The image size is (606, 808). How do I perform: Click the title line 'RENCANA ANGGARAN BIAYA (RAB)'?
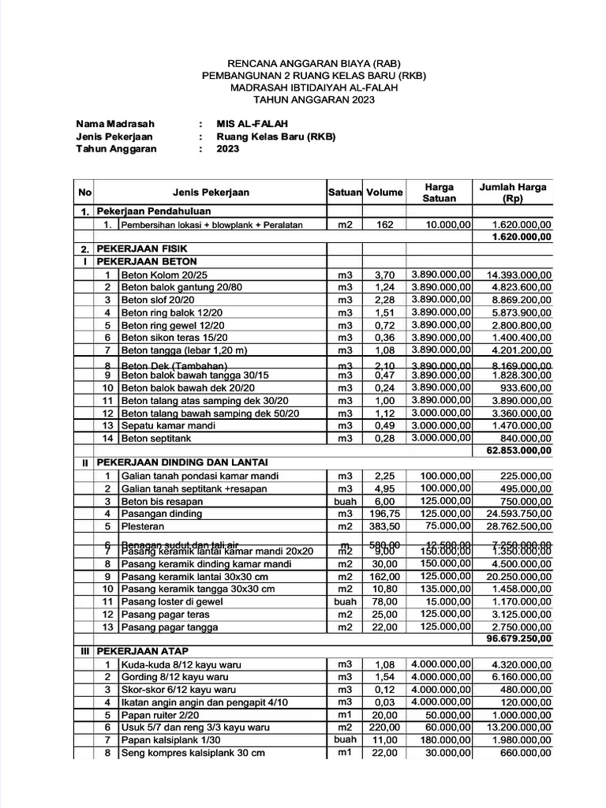coord(314,62)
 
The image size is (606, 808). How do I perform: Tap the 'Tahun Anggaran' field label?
coord(116,148)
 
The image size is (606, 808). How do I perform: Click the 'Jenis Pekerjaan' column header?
coord(211,193)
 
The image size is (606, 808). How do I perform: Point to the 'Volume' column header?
coord(384,193)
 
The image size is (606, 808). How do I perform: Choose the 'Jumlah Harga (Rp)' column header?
coord(513,193)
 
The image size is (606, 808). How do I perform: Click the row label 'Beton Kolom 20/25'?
coord(163,275)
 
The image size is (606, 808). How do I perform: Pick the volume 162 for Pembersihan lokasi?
coord(384,225)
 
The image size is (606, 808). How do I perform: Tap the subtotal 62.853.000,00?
coord(520,451)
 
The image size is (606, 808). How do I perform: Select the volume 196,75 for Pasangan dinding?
coord(384,514)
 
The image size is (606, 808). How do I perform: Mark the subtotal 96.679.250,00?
coord(520,638)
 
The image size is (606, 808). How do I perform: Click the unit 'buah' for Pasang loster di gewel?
coord(345,601)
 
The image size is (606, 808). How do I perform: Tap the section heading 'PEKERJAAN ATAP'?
coord(141,653)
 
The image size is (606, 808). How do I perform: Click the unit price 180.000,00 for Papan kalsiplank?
coord(441,740)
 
